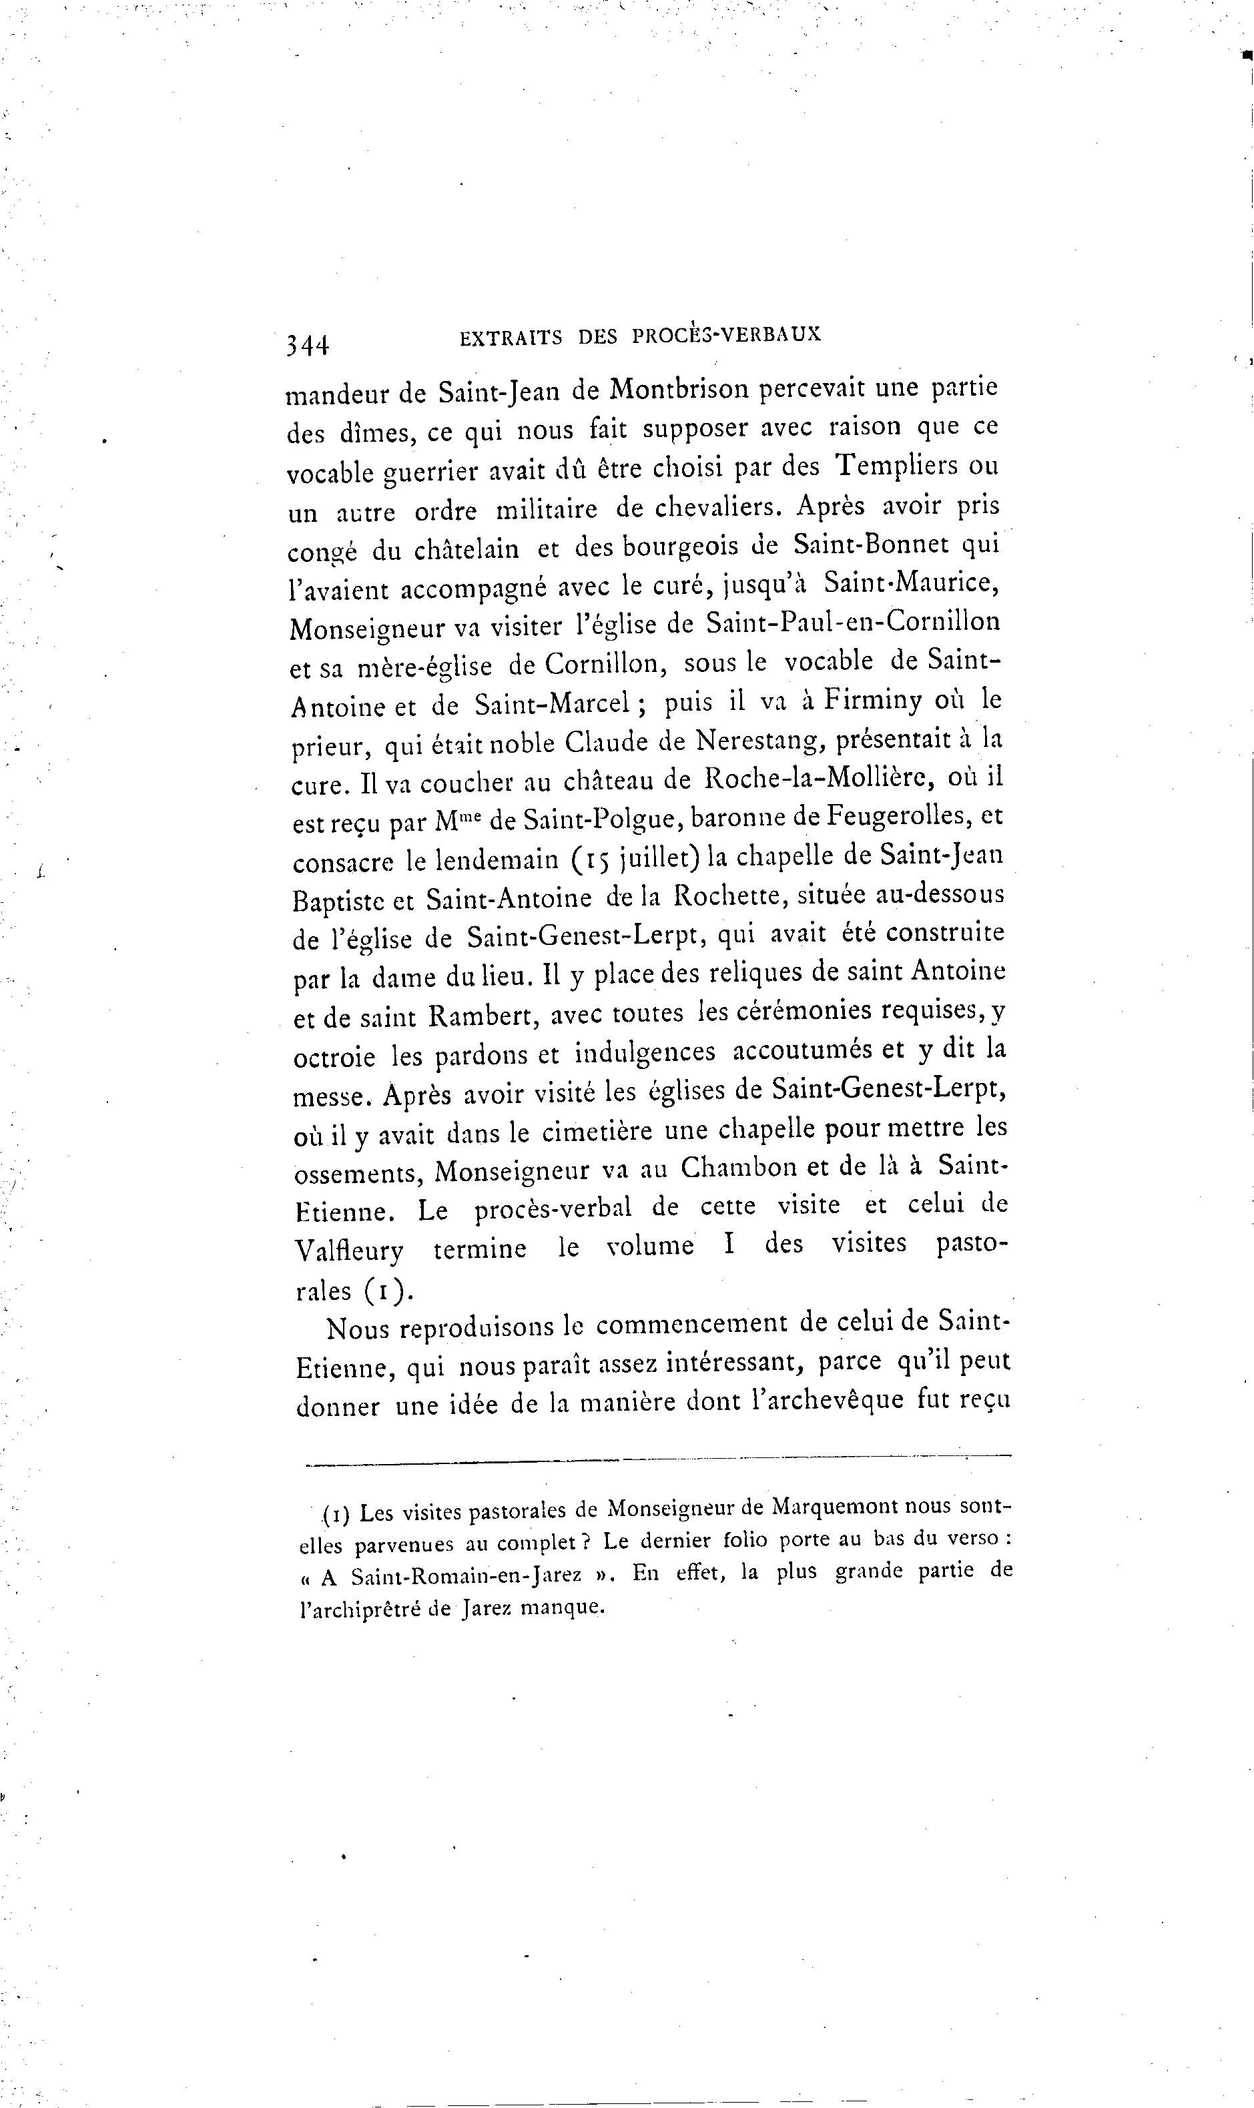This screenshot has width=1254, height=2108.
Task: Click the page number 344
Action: pyautogui.click(x=307, y=345)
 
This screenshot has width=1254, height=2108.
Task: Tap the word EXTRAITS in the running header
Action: pyautogui.click(x=511, y=337)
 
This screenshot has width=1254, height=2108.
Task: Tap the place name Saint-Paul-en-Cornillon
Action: pyautogui.click(x=854, y=623)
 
